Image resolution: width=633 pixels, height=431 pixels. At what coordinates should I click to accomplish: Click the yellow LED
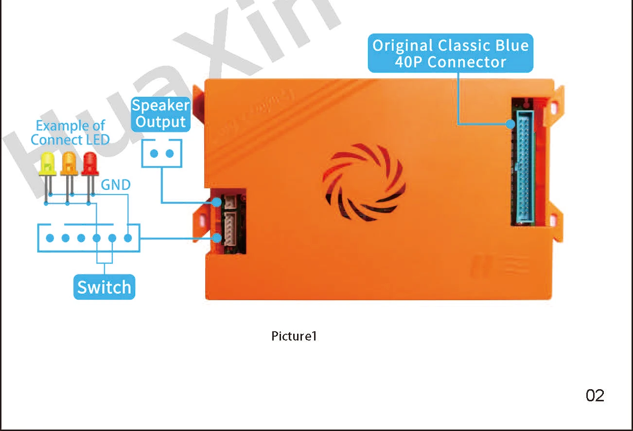coord(47,164)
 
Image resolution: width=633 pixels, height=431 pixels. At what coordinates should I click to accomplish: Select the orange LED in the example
coord(69,163)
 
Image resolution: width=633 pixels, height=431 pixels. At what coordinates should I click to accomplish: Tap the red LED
coord(90,163)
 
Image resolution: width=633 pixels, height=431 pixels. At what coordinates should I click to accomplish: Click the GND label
coord(116,185)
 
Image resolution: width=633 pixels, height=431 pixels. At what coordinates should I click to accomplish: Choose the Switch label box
coord(104,287)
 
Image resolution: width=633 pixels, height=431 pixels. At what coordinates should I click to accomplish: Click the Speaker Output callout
coord(161,114)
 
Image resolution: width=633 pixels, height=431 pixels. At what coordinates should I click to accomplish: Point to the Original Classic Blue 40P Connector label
coord(450,54)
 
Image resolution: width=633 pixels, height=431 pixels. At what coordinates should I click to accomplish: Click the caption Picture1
coord(294,336)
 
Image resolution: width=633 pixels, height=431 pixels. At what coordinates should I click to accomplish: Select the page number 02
coord(595,396)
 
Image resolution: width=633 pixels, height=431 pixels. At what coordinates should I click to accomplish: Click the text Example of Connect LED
coord(70,133)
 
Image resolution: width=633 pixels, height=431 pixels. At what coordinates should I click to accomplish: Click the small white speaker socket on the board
coord(229,202)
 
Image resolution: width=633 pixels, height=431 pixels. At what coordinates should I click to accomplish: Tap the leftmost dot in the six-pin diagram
coord(50,238)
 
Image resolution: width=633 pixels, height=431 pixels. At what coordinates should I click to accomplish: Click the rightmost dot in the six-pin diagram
coord(128,238)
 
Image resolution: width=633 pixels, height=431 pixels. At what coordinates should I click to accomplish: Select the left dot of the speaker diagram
coord(154,154)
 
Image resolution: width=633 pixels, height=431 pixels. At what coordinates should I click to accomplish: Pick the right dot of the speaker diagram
coord(170,154)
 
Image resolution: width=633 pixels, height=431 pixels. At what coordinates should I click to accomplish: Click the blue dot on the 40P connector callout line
coord(510,124)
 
